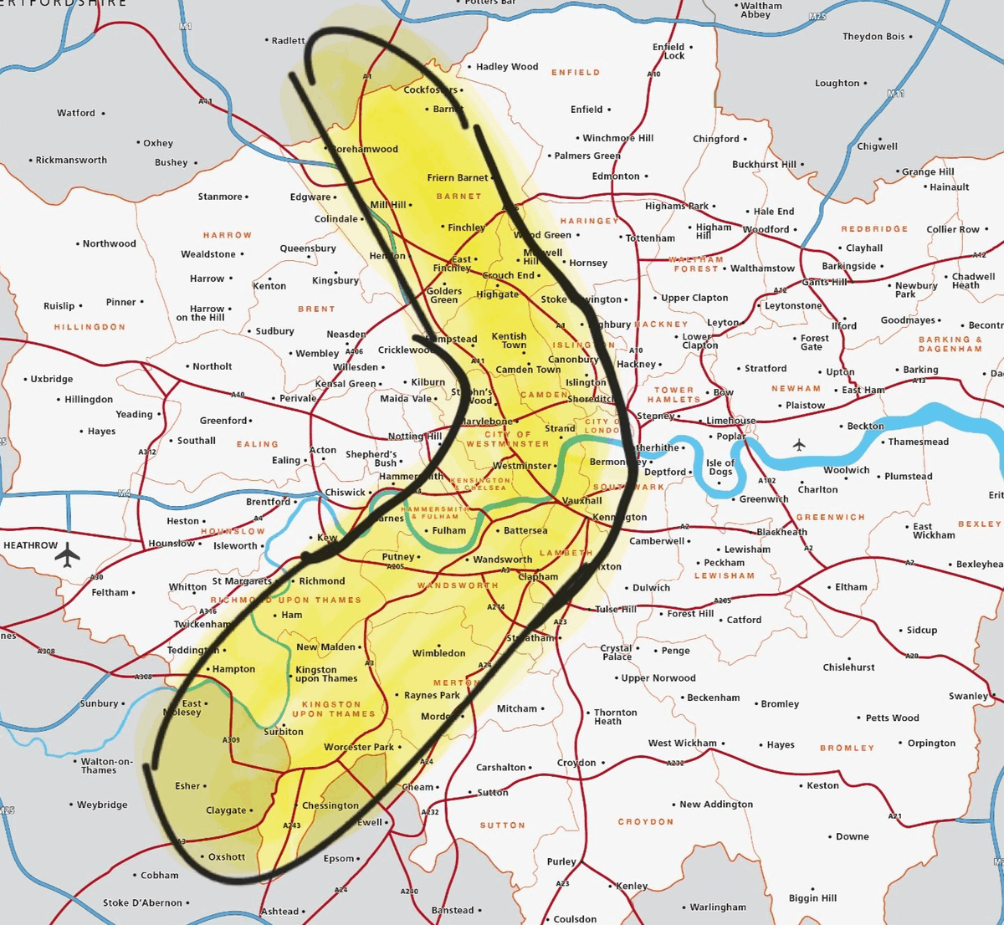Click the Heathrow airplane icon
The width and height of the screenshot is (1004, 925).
coord(68,554)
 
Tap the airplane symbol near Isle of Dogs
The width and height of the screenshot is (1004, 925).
coord(799,445)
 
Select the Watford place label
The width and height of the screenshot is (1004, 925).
coord(76,113)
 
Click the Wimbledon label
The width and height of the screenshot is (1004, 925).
coord(438,653)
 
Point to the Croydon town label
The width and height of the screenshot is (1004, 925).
coord(576,763)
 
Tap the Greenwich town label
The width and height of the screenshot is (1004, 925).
coord(764,499)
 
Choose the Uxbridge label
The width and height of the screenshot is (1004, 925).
coord(52,379)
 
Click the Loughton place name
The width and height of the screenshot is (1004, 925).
coord(838,84)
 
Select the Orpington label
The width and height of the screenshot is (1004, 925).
coord(931,743)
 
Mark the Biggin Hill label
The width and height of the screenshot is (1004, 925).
coord(812,898)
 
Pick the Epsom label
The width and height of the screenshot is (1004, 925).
coord(339,859)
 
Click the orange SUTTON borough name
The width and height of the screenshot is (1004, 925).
coord(502,825)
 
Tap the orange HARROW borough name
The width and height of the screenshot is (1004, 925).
coord(227,236)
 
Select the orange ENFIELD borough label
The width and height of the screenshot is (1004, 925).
coord(575,73)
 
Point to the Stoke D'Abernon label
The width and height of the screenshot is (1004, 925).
coord(142,903)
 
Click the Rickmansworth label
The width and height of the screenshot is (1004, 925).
coord(71,161)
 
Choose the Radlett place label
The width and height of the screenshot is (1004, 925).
coord(289,41)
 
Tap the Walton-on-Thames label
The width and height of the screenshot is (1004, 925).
coord(106,765)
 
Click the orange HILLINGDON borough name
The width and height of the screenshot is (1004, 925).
coord(90,327)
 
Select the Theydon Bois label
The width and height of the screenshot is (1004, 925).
coord(873,37)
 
